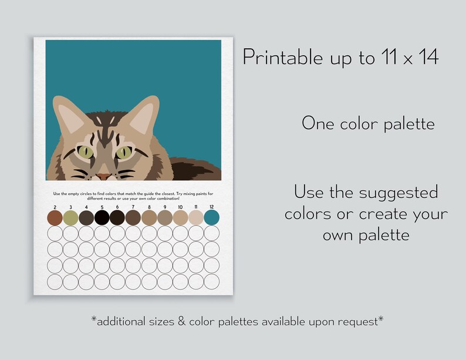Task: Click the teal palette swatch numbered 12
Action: (x=211, y=218)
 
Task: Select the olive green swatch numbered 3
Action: (x=70, y=218)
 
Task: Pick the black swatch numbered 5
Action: (x=102, y=218)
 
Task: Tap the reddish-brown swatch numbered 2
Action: (x=55, y=218)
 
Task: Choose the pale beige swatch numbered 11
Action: (x=195, y=218)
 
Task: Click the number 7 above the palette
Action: (x=133, y=207)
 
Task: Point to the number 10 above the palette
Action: (x=180, y=207)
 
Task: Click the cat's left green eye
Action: (x=86, y=153)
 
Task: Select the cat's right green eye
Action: (x=124, y=153)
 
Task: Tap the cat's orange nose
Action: (x=104, y=176)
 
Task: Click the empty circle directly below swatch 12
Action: (x=211, y=234)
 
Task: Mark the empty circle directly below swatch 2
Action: (x=55, y=234)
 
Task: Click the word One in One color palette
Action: (x=318, y=123)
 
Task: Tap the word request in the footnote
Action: (x=360, y=321)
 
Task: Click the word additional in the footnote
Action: (x=123, y=321)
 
